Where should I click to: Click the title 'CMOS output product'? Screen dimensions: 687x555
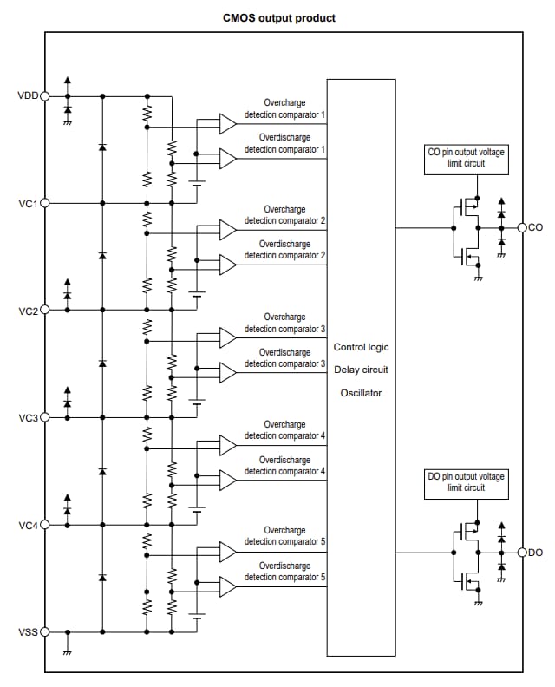click(278, 17)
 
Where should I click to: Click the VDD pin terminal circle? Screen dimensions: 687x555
click(45, 96)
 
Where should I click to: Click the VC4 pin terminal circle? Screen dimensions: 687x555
click(45, 524)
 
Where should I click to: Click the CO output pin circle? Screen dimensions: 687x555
click(522, 227)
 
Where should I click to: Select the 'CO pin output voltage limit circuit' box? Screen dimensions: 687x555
click(466, 158)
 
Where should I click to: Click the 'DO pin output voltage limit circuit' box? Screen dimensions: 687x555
click(466, 482)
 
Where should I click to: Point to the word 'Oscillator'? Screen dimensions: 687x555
click(361, 393)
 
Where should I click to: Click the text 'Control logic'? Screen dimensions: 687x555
click(361, 347)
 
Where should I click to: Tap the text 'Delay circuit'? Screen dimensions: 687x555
click(361, 370)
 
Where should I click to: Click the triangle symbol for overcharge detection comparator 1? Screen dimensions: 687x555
click(227, 124)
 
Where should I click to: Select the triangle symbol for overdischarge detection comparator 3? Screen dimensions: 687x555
click(227, 372)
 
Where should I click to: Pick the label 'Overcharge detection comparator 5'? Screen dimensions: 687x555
click(284, 536)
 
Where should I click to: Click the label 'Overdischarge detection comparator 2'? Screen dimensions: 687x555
click(284, 250)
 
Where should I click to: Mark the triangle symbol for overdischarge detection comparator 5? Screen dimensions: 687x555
click(227, 586)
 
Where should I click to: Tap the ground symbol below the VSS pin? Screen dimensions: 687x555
click(68, 651)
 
